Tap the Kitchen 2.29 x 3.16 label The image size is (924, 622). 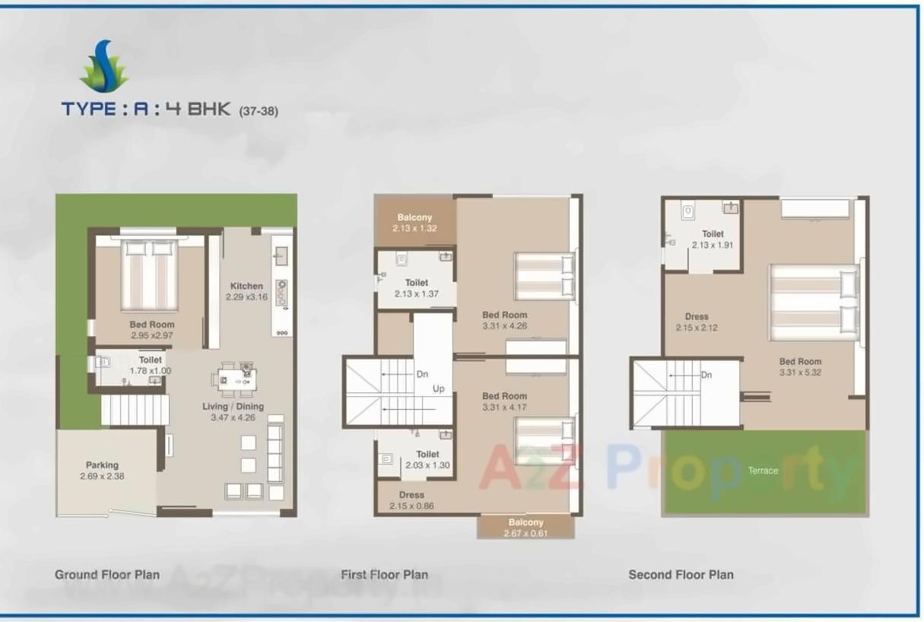coord(247,291)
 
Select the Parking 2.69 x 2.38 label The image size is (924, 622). coord(102,471)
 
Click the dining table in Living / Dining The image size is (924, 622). coord(237,378)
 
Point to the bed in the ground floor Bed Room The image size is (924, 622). coord(150,275)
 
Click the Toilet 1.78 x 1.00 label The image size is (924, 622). coord(150,366)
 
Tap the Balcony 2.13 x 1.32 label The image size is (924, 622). coord(414,223)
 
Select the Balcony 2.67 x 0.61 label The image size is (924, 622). coord(526,528)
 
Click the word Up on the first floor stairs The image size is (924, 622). coord(439,389)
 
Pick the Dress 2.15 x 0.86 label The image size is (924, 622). coord(411,500)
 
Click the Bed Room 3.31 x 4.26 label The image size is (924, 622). coord(504,320)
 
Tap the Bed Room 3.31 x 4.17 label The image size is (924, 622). coord(504,401)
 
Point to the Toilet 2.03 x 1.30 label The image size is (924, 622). coord(428,459)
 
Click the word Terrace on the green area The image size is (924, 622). coord(763,471)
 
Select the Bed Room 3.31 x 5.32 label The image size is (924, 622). coord(800,367)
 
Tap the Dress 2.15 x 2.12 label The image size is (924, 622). coord(697,322)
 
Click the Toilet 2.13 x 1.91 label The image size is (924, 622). coord(713,240)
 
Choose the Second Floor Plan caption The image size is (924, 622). coord(681,575)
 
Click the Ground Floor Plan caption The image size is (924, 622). coord(107,575)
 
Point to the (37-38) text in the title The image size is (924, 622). coord(259,111)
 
